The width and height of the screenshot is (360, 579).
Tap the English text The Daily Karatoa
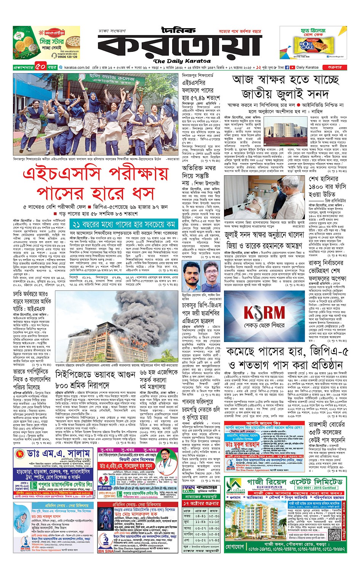click(x=182, y=61)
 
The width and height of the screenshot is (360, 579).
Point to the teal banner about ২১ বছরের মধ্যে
click(x=124, y=224)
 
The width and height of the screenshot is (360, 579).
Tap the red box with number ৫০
click(x=41, y=67)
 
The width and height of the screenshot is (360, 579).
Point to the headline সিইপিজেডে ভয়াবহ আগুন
click(x=95, y=375)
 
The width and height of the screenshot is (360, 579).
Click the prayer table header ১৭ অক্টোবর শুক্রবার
click(x=201, y=504)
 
